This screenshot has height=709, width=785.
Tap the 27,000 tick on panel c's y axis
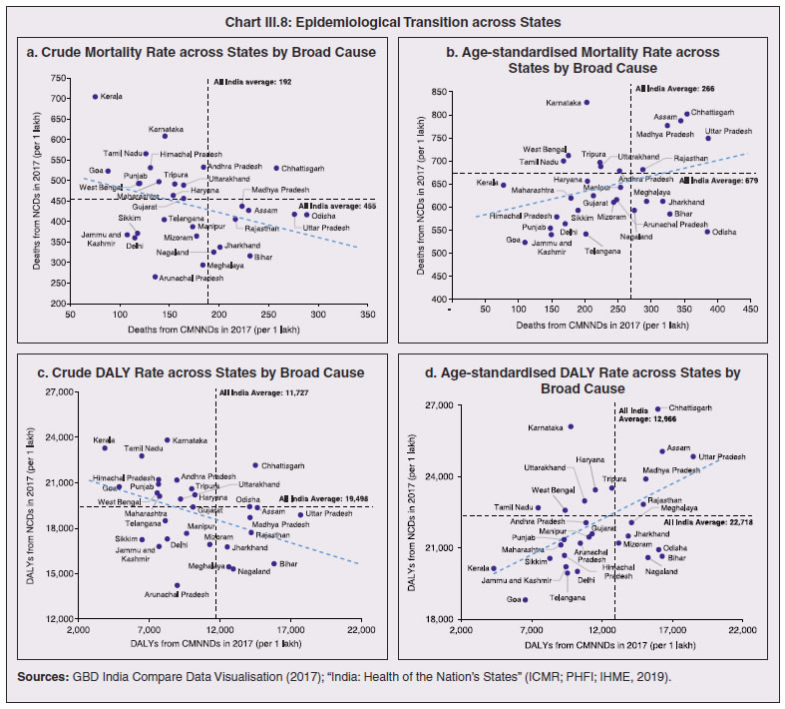(45, 392)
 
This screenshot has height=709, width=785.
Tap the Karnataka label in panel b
(565, 103)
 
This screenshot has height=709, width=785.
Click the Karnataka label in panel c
(191, 440)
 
